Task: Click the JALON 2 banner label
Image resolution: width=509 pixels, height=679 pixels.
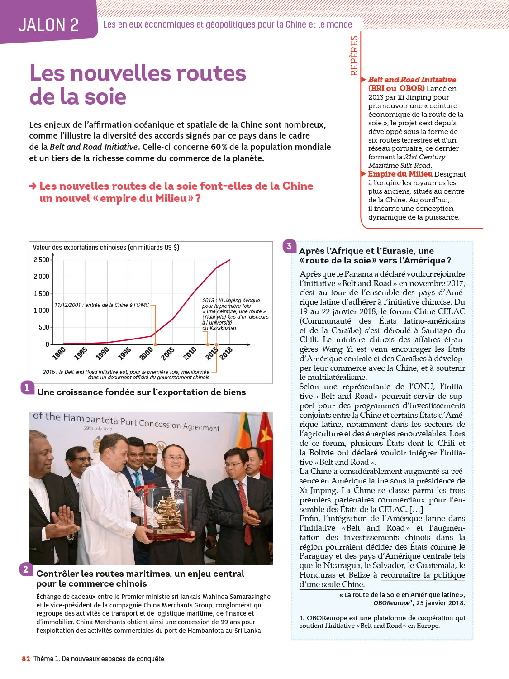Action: click(48, 25)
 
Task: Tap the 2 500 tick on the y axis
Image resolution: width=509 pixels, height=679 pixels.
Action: click(42, 260)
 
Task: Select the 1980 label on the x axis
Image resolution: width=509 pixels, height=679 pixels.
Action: click(59, 353)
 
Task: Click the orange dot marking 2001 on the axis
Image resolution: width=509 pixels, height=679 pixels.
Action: click(155, 345)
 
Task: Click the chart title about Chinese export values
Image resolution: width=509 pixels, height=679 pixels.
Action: click(106, 248)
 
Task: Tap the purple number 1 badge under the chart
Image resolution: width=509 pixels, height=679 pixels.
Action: click(27, 387)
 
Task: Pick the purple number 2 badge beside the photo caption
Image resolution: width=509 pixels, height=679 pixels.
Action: click(26, 569)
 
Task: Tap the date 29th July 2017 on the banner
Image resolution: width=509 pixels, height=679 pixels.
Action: click(98, 428)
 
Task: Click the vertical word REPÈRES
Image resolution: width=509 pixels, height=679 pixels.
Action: click(354, 56)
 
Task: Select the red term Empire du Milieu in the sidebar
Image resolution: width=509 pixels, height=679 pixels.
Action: click(400, 174)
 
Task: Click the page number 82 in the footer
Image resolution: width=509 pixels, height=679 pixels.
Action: click(26, 659)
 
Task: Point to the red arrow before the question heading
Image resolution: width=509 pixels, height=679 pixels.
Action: click(33, 186)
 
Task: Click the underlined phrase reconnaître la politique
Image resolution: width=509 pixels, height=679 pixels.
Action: click(423, 575)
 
